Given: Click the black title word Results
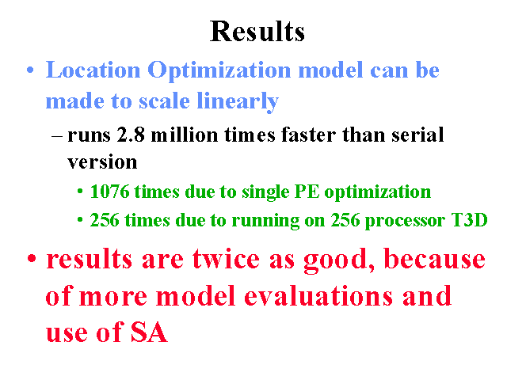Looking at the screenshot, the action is point(257,32).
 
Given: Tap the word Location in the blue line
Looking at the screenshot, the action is point(93,70).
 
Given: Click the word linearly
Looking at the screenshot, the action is point(238,102).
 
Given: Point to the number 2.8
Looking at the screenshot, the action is point(131,135).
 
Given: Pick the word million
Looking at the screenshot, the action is point(185,135).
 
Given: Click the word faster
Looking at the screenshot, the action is point(308,135).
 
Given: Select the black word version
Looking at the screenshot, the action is point(102,162).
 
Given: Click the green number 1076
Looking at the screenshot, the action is point(109,192).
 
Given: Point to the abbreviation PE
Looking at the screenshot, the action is point(307,192).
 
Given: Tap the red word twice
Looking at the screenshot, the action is point(226,259).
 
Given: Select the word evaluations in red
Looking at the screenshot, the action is point(318,295).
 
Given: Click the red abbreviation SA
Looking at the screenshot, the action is point(149,332).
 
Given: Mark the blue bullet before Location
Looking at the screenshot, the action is point(30,70).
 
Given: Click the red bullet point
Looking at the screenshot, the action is point(32,259).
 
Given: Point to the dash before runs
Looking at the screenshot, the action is point(57,136).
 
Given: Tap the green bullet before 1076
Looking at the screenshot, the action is point(80,192).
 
